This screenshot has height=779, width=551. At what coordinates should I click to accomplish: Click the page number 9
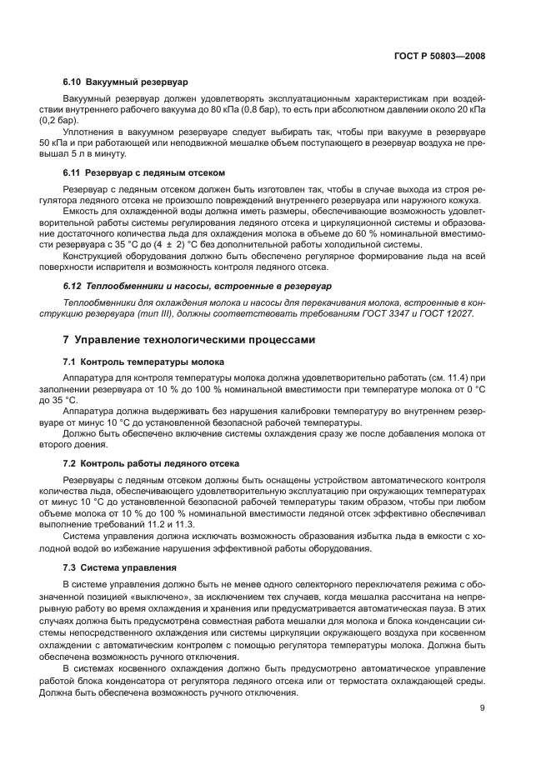pos(483,708)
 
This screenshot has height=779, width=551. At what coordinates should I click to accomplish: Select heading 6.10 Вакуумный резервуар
pos(125,82)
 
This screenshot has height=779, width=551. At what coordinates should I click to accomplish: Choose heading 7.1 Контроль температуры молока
pos(143,361)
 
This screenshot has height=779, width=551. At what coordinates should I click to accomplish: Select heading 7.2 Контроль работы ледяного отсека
pos(151,462)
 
